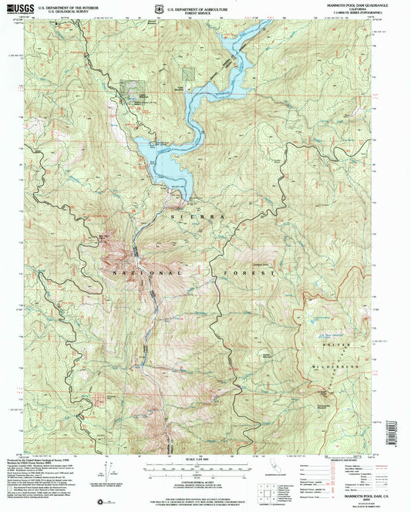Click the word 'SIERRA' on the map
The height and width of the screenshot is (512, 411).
196,218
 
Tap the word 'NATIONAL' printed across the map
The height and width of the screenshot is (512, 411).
146,274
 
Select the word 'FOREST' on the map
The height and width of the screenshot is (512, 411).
248,274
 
